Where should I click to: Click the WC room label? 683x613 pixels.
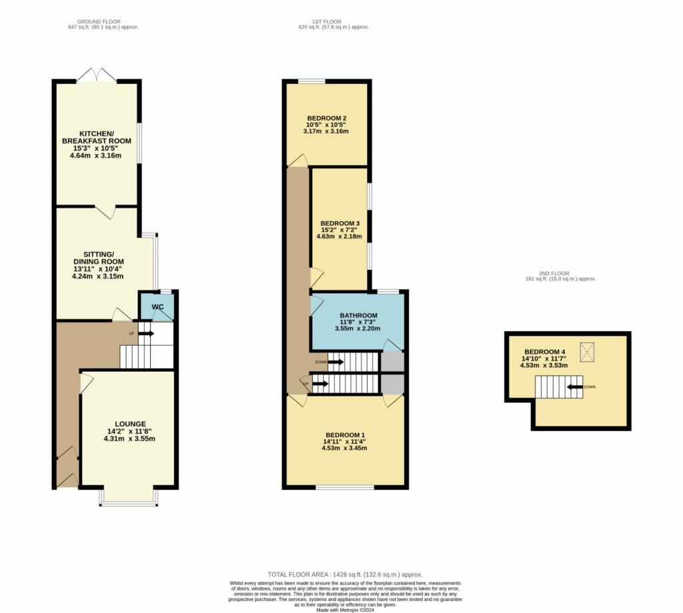point(158,306)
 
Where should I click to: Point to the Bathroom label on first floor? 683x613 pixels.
point(358,315)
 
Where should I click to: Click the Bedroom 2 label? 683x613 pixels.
point(327,119)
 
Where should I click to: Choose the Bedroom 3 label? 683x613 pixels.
point(340,223)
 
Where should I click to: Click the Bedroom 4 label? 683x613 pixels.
point(545,352)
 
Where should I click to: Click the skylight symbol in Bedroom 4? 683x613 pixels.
point(588,352)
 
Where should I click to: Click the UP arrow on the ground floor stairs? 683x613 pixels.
point(146,333)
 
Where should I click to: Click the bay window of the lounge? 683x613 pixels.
point(129,500)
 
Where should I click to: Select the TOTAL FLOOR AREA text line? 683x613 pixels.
point(345,574)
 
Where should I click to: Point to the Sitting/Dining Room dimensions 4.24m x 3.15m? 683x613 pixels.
point(99,276)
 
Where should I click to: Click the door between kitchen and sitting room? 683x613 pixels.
point(105,212)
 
